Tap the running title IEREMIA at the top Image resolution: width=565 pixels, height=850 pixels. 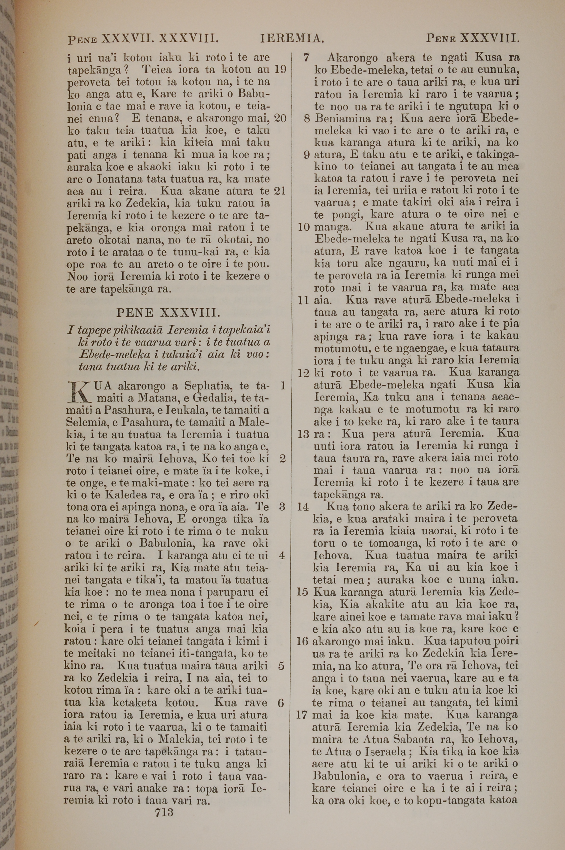pos(292,38)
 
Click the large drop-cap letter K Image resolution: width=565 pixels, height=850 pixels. pos(79,392)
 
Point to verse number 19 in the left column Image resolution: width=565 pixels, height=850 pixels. pos(280,69)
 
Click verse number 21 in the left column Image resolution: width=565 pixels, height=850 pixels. pos(280,191)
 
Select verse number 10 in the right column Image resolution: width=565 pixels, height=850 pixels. pos(304,227)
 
